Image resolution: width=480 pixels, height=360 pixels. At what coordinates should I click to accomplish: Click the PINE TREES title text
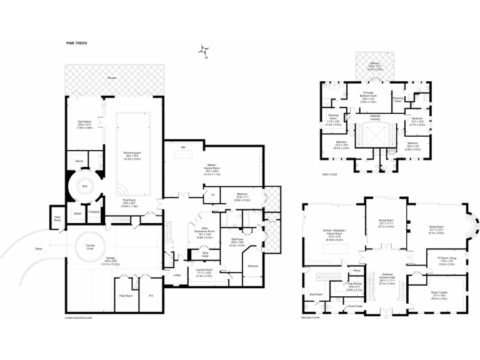pyautogui.click(x=76, y=43)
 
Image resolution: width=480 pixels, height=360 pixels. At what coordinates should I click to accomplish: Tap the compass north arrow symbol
pyautogui.click(x=204, y=51)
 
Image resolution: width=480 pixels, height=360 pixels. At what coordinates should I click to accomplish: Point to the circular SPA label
pyautogui.click(x=84, y=186)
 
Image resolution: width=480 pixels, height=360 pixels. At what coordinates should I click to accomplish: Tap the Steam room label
pyautogui.click(x=77, y=214)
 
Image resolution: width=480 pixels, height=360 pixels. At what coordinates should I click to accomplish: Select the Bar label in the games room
pyautogui.click(x=184, y=147)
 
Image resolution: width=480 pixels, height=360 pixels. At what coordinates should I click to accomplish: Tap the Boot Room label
pyautogui.click(x=315, y=293)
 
